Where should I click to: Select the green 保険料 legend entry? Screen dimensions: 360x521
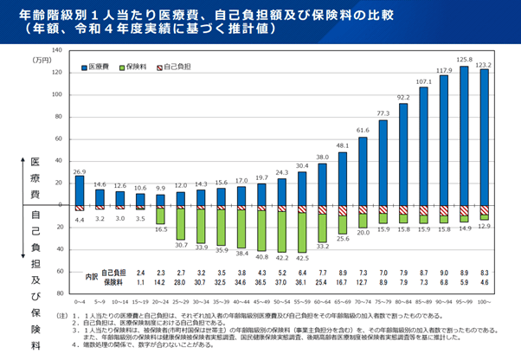point(136,66)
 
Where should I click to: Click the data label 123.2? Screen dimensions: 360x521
point(484,64)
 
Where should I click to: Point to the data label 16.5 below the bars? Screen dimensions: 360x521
point(160,230)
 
